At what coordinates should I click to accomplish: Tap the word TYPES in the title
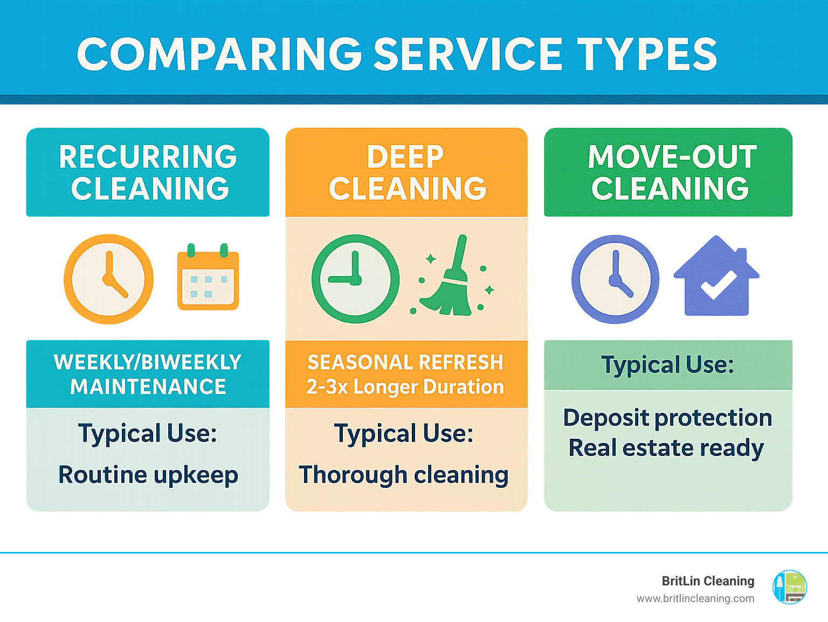(x=647, y=54)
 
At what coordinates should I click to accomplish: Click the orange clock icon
(x=109, y=279)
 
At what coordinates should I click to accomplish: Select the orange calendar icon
(x=208, y=277)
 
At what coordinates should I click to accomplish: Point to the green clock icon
(x=355, y=279)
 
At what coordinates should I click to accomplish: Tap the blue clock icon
(x=615, y=280)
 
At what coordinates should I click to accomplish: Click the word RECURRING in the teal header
(x=148, y=156)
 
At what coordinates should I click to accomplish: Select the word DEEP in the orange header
(x=405, y=156)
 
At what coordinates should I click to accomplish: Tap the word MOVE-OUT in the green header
(x=673, y=156)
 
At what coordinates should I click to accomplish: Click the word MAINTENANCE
(x=148, y=386)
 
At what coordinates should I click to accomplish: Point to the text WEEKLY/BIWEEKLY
(x=148, y=363)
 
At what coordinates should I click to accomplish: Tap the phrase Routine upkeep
(x=148, y=475)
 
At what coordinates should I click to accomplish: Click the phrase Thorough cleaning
(x=404, y=475)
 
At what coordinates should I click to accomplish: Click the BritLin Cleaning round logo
(x=790, y=588)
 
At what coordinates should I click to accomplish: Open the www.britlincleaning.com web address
(x=695, y=599)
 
